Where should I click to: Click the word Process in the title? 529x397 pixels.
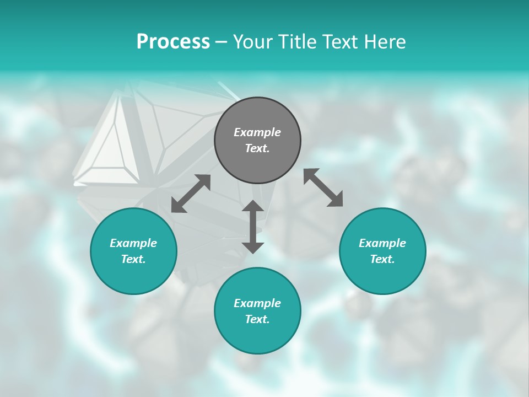pos(173,42)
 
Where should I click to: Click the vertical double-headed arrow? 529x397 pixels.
pos(253,227)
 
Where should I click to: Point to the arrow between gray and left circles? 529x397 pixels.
pos(191,194)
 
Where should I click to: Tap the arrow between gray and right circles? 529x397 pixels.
pos(323,187)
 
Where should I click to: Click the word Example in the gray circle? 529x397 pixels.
pos(257,132)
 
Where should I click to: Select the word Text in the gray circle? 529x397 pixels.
pos(257,148)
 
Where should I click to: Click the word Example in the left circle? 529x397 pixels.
pos(133,243)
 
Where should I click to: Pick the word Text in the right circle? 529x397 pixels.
pos(382,259)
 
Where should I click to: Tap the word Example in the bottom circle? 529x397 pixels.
pos(257,303)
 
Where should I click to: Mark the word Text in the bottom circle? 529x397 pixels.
pos(257,319)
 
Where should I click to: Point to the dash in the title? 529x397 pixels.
pos(221,42)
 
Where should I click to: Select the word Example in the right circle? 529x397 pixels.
pos(382,243)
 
